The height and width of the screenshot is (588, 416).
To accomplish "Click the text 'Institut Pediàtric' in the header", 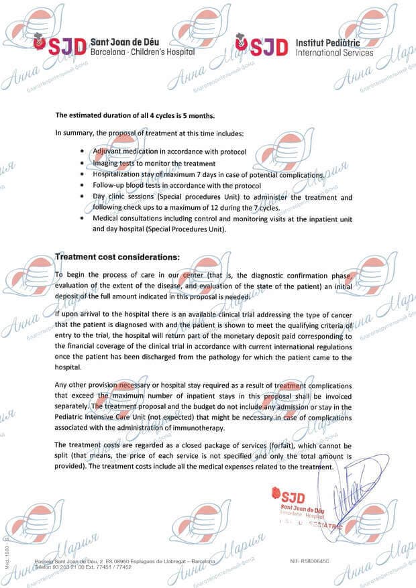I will [331, 42].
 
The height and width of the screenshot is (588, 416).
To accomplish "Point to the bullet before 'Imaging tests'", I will [82, 164].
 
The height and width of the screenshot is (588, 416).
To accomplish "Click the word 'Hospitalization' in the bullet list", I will [118, 174].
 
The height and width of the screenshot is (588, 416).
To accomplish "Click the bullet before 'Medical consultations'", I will [82, 219].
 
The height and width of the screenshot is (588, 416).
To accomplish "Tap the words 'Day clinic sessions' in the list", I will [125, 197].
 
